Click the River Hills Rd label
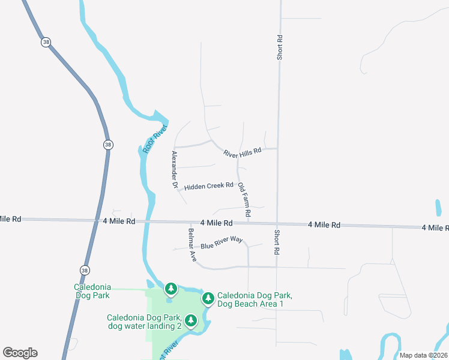243,152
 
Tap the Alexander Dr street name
175,170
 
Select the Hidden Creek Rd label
208,187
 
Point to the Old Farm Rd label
244,200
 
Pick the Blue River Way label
221,243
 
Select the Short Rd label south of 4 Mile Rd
277,242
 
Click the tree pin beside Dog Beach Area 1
208,298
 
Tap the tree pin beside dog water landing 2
191,320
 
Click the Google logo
20,352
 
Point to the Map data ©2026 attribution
424,355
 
